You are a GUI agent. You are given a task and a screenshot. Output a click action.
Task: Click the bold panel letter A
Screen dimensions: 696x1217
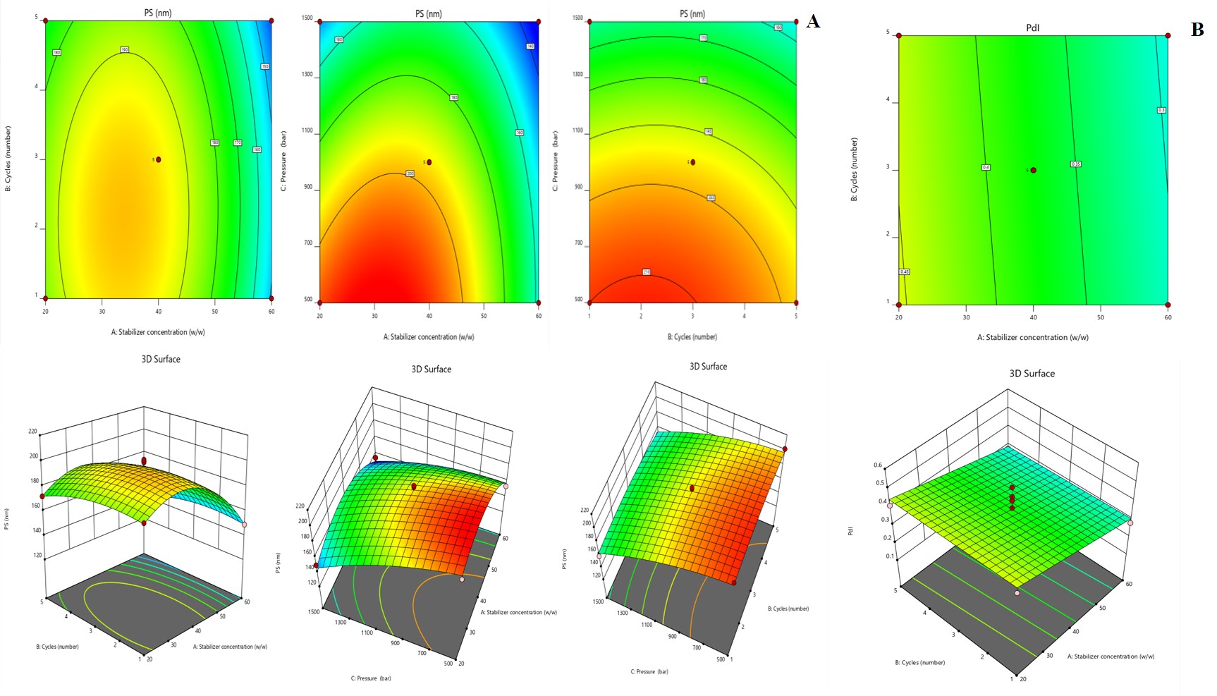click(x=813, y=22)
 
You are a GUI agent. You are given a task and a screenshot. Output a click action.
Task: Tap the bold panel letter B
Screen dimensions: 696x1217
click(x=1197, y=30)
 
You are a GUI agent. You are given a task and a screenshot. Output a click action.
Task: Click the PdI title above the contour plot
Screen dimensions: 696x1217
click(x=1032, y=28)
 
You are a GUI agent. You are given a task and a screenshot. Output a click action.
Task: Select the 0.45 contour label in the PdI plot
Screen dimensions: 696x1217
click(x=905, y=271)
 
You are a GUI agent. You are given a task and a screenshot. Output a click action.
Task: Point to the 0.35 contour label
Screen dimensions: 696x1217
click(x=1075, y=164)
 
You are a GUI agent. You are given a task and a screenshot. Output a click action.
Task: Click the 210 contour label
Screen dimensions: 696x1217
click(x=647, y=272)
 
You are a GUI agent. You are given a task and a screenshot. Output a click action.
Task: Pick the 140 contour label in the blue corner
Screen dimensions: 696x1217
click(x=530, y=47)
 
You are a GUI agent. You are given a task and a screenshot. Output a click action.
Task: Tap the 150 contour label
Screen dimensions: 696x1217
click(x=265, y=66)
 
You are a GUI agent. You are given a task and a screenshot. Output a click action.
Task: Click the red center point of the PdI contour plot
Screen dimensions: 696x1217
click(x=1034, y=170)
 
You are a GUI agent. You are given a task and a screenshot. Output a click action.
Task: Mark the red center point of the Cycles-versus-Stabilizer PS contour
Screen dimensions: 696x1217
click(x=159, y=159)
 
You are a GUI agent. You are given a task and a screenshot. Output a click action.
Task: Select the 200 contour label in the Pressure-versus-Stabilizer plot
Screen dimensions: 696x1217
click(x=410, y=173)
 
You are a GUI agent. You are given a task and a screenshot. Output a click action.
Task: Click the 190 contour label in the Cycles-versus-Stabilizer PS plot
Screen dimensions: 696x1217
click(x=125, y=50)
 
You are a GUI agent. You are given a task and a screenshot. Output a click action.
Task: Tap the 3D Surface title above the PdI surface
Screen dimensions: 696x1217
click(x=1032, y=374)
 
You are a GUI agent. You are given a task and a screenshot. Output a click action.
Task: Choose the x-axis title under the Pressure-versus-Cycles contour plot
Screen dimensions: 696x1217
click(x=692, y=337)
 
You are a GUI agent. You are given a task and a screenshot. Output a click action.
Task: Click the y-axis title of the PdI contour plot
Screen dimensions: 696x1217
click(x=854, y=170)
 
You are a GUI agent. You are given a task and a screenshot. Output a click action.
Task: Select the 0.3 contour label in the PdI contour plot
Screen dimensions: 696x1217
click(x=1161, y=110)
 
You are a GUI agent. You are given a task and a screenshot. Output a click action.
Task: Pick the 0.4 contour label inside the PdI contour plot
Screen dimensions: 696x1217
click(x=986, y=167)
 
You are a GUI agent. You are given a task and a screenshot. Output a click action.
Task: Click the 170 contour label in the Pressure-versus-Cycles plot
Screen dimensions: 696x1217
click(x=703, y=37)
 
